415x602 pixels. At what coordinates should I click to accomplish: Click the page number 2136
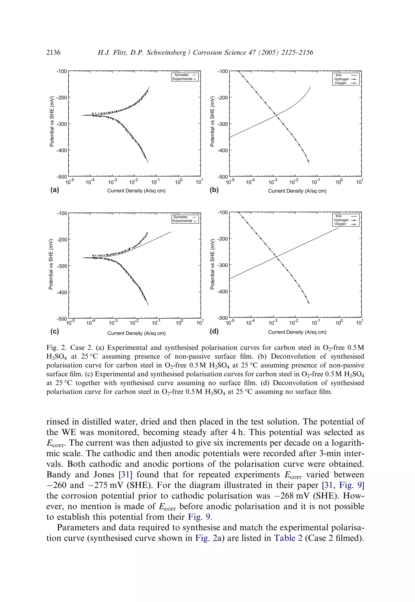53,53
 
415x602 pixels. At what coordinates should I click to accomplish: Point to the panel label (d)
214,331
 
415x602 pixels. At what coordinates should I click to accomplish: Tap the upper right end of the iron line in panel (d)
339,228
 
